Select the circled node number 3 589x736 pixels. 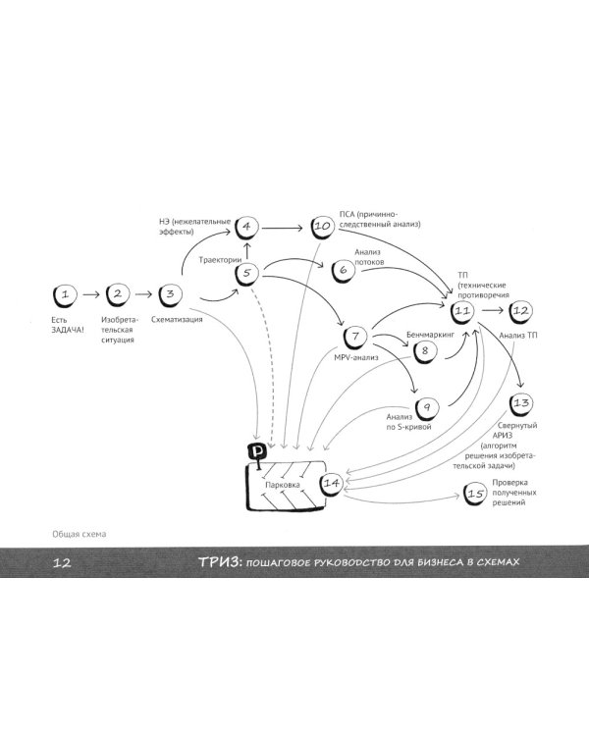(171, 293)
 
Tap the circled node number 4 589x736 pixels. (246, 229)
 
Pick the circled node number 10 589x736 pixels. (323, 228)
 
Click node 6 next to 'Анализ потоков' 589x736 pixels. (344, 269)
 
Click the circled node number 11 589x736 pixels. (463, 312)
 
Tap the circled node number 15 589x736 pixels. (474, 495)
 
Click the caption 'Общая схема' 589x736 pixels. (80, 534)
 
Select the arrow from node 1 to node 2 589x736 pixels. (91, 293)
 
